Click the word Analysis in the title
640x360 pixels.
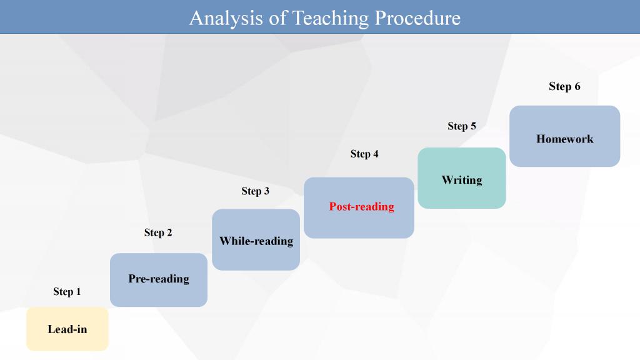pyautogui.click(x=226, y=19)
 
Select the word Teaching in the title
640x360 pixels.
pyautogui.click(x=330, y=19)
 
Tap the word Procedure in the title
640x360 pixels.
pyautogui.click(x=417, y=18)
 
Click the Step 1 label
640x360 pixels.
pyautogui.click(x=67, y=291)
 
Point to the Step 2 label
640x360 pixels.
pyautogui.click(x=158, y=232)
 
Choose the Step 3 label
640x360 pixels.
pyautogui.click(x=255, y=191)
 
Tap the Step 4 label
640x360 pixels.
pyautogui.click(x=364, y=154)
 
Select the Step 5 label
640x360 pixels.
pyautogui.click(x=462, y=126)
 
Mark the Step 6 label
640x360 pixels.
pyautogui.click(x=564, y=86)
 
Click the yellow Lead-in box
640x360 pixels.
pyautogui.click(x=67, y=329)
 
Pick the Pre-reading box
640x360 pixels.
pyautogui.click(x=159, y=280)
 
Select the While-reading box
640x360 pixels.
pyautogui.click(x=256, y=239)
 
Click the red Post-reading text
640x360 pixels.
pyautogui.click(x=362, y=207)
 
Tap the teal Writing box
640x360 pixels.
pyautogui.click(x=462, y=178)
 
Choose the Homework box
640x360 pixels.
pyautogui.click(x=565, y=136)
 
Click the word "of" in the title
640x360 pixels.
pyautogui.click(x=278, y=18)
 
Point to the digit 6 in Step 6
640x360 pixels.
pyautogui.click(x=577, y=86)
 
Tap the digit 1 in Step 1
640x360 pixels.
pyautogui.click(x=78, y=291)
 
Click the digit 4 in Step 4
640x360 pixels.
pyautogui.click(x=376, y=154)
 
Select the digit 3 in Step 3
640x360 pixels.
pyautogui.click(x=266, y=191)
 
